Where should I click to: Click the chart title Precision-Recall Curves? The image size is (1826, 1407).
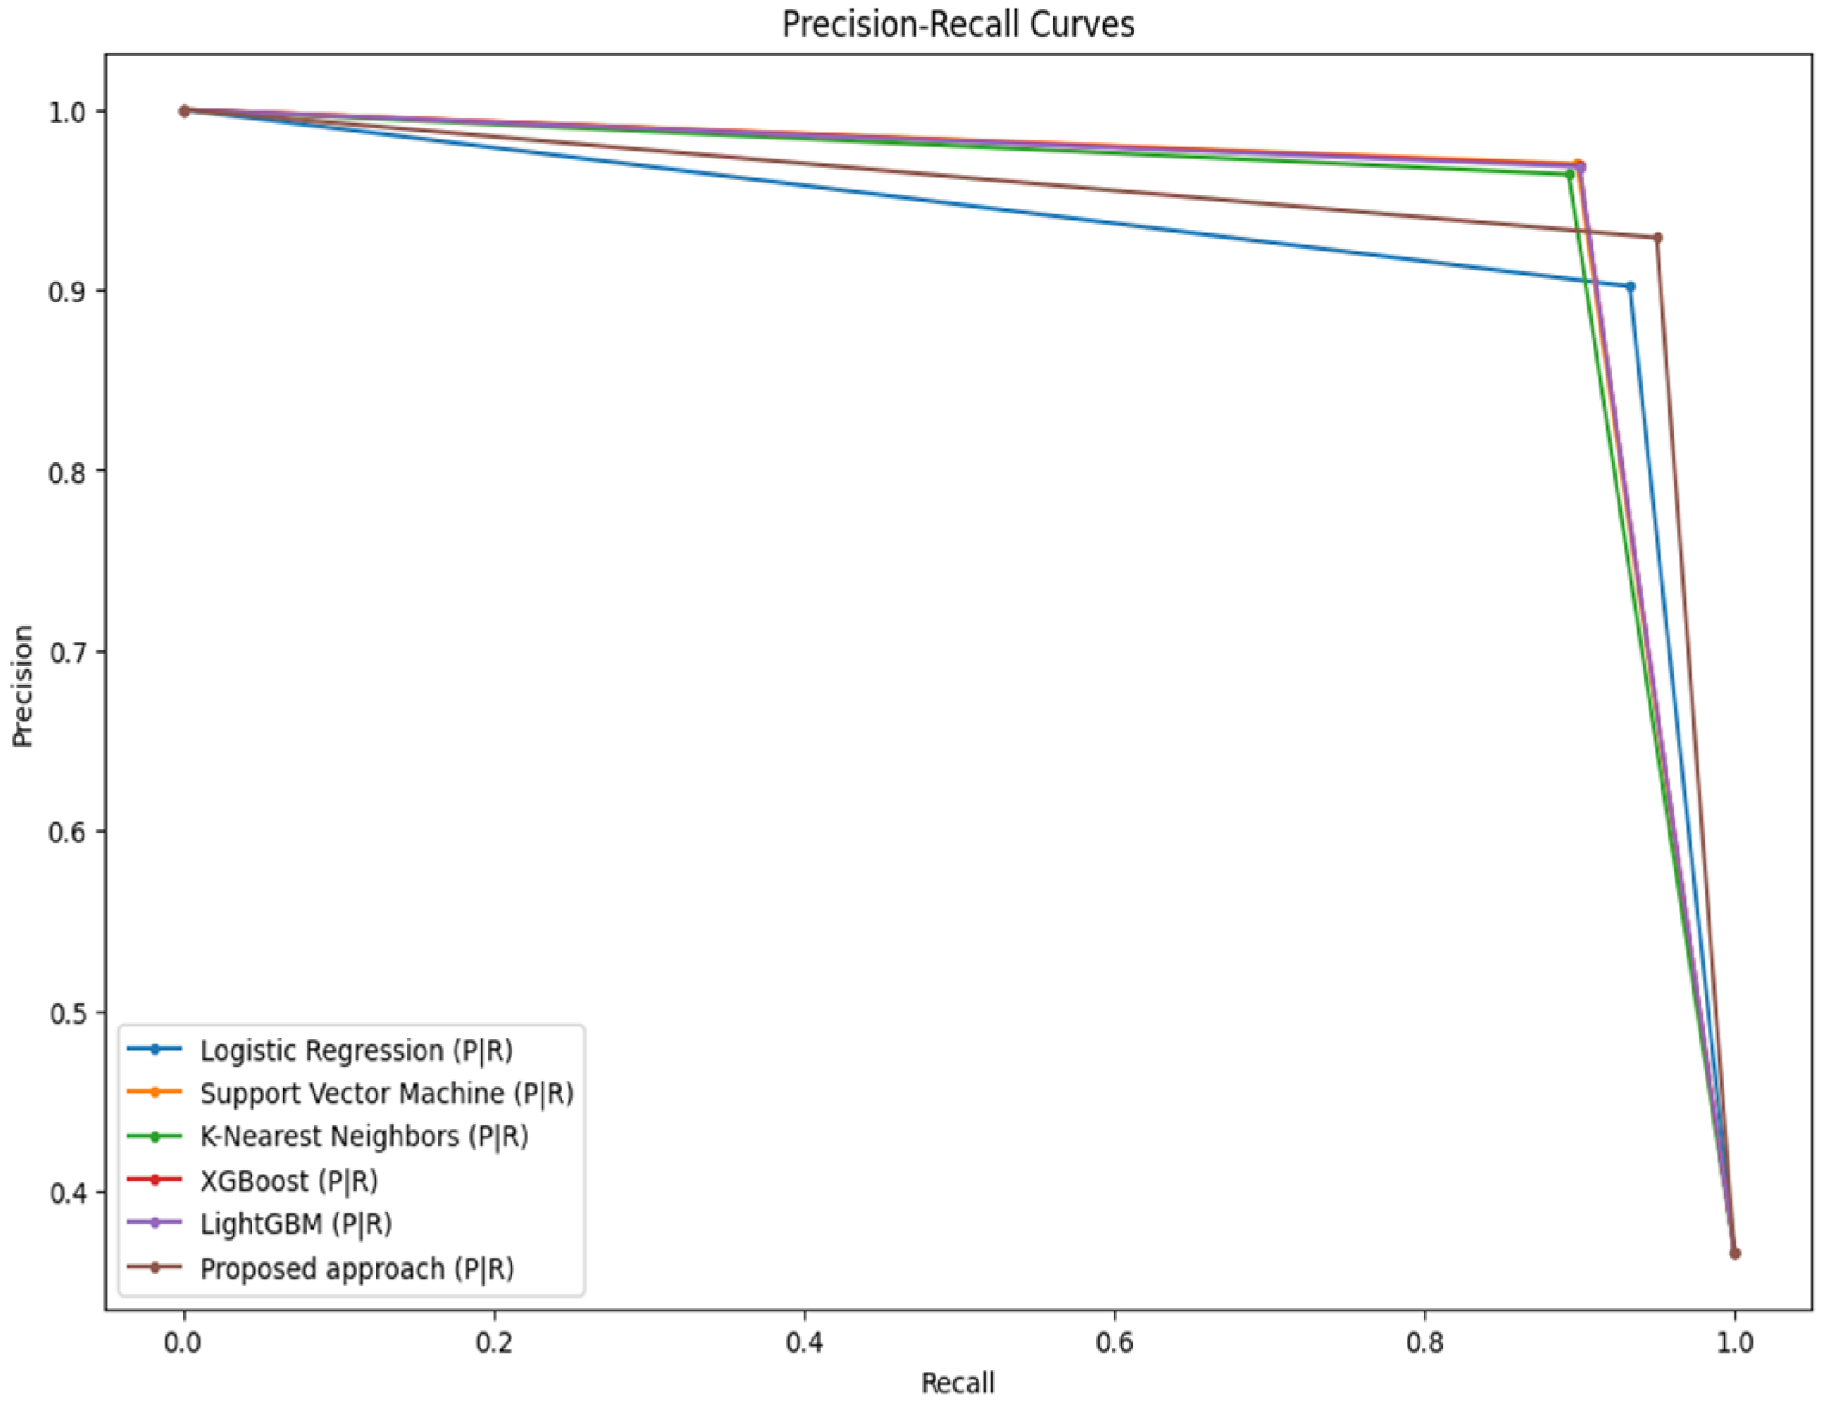(958, 24)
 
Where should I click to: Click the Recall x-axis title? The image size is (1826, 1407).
(958, 1383)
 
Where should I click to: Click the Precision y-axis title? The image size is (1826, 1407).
(23, 685)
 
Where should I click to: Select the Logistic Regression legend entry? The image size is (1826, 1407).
(356, 1051)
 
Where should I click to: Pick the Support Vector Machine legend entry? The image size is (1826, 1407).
(386, 1094)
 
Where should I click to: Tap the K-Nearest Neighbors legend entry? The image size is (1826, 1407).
(363, 1137)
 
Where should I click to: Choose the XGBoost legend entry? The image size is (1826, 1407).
(289, 1181)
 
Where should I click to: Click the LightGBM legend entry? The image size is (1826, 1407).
(295, 1224)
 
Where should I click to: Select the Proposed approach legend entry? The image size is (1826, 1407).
(357, 1268)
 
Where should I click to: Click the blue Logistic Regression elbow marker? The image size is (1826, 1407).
(1630, 287)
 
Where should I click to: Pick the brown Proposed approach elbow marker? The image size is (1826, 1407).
(1657, 238)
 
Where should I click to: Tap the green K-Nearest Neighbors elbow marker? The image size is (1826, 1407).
(1569, 175)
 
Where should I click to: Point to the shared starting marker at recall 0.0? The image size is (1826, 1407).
(184, 111)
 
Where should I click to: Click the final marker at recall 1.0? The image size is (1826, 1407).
(1735, 1254)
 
